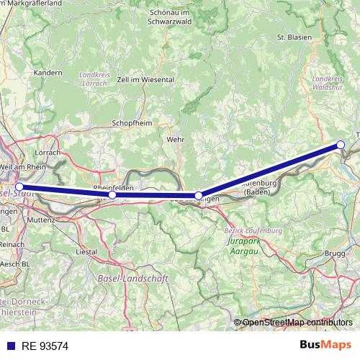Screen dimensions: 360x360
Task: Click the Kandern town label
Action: point(48,73)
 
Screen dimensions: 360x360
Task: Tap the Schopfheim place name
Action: point(132,123)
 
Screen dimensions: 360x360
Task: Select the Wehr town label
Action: point(175,139)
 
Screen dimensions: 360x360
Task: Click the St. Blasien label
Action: point(292,36)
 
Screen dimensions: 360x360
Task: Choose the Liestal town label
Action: point(87,253)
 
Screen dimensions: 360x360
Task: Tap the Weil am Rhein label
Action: point(23,166)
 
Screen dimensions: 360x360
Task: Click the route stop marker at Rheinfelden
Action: point(112,195)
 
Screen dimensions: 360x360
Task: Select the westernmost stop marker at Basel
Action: point(19,186)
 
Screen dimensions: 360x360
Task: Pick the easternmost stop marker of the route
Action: point(341,145)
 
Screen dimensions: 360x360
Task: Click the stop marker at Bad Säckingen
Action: point(199,196)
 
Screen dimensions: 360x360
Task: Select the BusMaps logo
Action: point(325,346)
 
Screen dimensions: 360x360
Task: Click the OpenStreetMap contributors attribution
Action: point(297,323)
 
